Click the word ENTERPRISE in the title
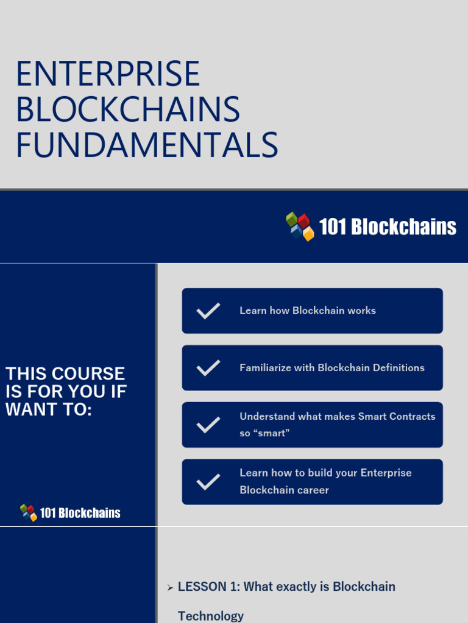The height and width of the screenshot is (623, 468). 108,74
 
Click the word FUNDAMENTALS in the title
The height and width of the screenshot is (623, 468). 147,146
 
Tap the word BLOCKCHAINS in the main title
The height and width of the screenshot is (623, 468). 128,110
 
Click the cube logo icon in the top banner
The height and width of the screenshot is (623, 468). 300,226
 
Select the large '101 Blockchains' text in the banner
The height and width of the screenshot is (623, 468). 388,227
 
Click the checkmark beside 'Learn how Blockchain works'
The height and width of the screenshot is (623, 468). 208,311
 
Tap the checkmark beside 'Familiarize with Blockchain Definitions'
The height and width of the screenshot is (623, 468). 208,367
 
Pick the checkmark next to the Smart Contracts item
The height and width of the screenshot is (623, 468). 208,425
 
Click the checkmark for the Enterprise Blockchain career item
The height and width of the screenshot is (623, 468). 208,482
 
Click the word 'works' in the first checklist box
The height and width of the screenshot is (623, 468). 361,311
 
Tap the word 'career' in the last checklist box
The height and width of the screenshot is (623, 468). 313,490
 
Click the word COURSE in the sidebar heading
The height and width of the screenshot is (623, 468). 88,374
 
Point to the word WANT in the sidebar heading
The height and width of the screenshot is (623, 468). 29,409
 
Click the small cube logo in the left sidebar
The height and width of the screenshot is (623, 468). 29,513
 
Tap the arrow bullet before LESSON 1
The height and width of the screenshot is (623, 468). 170,588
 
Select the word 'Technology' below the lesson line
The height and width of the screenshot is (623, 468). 211,616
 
